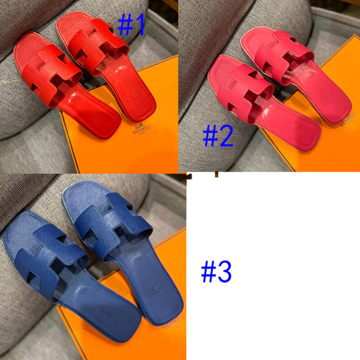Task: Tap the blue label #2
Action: pyautogui.click(x=218, y=135)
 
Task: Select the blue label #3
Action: pyautogui.click(x=216, y=272)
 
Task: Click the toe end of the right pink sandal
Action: pyautogui.click(x=260, y=34)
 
